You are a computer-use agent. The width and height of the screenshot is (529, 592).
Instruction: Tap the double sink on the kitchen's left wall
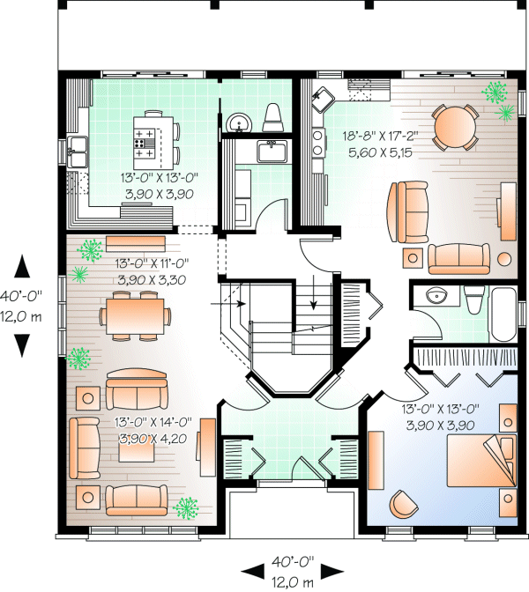(x=78, y=155)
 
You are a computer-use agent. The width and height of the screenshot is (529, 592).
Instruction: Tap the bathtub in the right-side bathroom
(x=504, y=314)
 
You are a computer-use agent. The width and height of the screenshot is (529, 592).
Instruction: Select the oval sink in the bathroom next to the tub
(x=436, y=296)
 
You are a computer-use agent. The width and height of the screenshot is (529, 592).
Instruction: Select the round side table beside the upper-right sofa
(x=504, y=259)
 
